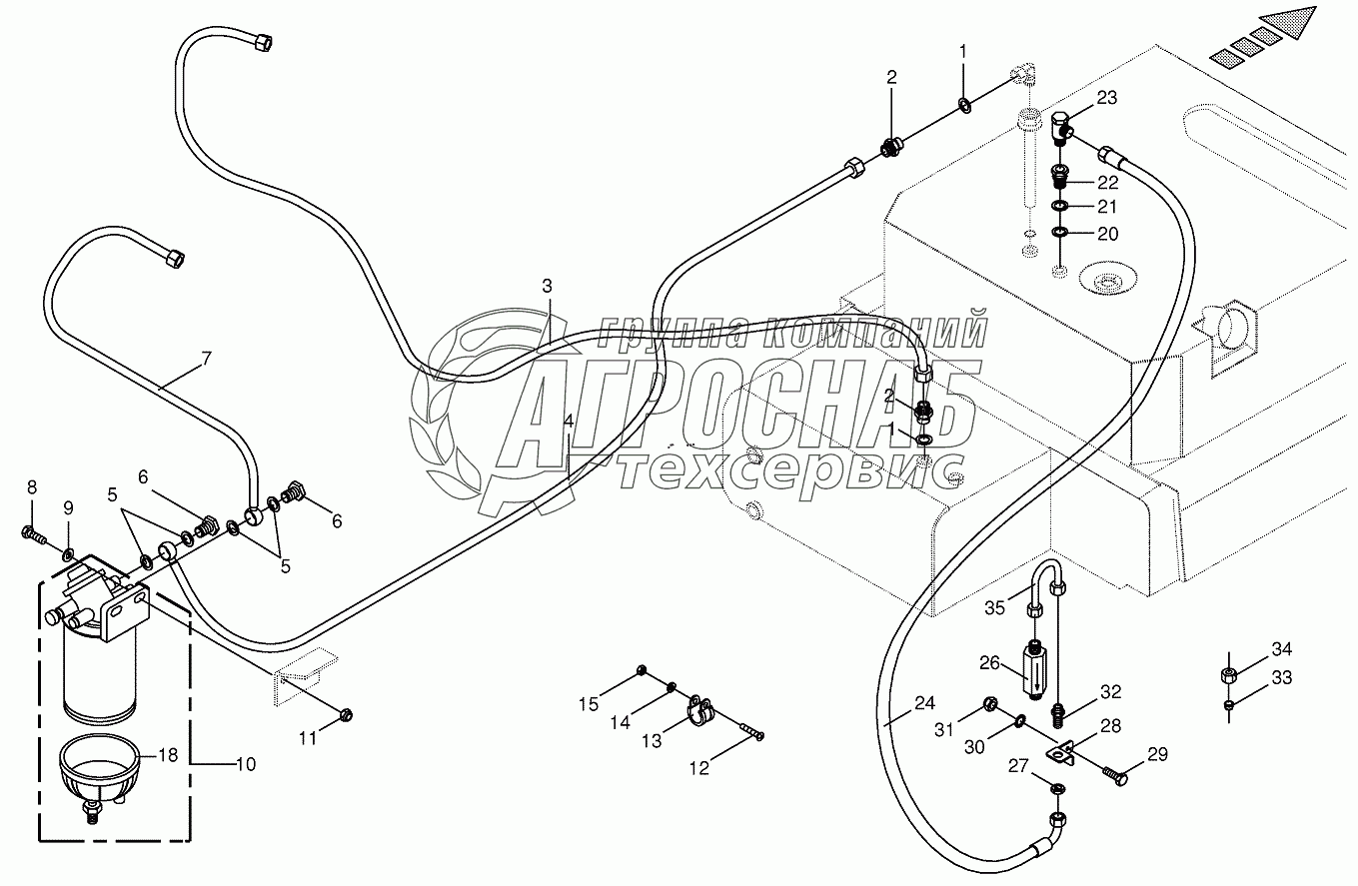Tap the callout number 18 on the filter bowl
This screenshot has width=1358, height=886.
click(x=168, y=755)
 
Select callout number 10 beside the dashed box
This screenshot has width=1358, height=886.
click(x=246, y=764)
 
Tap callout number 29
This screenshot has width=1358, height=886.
click(x=1157, y=755)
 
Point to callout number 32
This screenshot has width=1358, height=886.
click(x=1111, y=691)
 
